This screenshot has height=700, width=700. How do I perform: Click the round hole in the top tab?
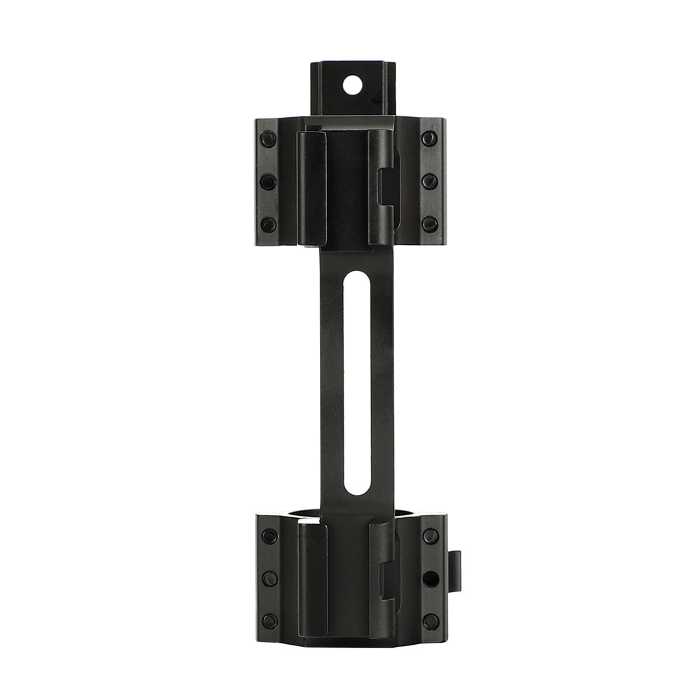(353, 85)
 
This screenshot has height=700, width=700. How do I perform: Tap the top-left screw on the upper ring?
(268, 139)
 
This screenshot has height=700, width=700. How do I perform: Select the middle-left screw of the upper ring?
(268, 182)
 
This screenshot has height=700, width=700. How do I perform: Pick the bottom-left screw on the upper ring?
(268, 225)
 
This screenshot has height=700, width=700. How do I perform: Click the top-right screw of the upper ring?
(429, 139)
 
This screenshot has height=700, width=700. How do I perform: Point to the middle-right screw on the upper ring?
(429, 181)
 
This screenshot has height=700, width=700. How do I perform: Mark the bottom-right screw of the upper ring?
(429, 224)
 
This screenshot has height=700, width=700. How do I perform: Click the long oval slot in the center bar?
(356, 383)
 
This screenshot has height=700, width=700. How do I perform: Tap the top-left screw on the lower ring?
(269, 536)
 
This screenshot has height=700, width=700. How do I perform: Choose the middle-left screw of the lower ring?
(269, 579)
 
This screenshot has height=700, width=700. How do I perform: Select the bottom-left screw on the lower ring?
(269, 621)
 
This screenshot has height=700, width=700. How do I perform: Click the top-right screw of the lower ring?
(430, 536)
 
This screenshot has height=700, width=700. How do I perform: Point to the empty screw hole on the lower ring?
(430, 579)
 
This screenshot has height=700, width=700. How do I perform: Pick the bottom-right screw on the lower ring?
(430, 621)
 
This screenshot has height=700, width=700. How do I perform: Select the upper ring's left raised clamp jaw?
(312, 188)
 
